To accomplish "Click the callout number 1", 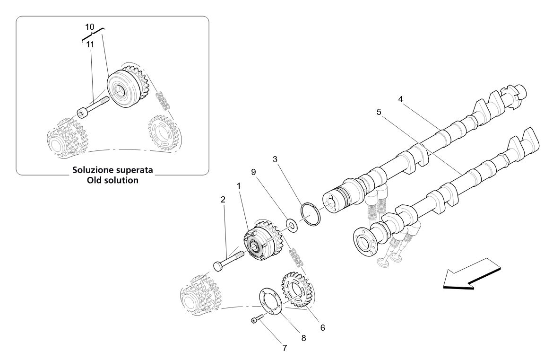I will pyautogui.click(x=239, y=186).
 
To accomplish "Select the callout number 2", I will pyautogui.click(x=223, y=200).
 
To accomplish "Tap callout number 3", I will pyautogui.click(x=275, y=159).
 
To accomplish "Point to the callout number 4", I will pyautogui.click(x=400, y=99).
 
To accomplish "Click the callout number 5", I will pyautogui.click(x=379, y=112).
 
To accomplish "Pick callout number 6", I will pyautogui.click(x=322, y=327).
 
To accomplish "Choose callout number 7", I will pyautogui.click(x=285, y=348).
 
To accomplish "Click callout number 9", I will pyautogui.click(x=253, y=172).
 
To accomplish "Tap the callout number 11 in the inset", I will pyautogui.click(x=90, y=44).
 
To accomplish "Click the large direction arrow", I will pyautogui.click(x=471, y=274).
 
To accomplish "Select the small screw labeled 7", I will pyautogui.click(x=256, y=321).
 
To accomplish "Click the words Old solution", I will pyautogui.click(x=112, y=180).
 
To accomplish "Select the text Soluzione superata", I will pyautogui.click(x=112, y=169).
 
